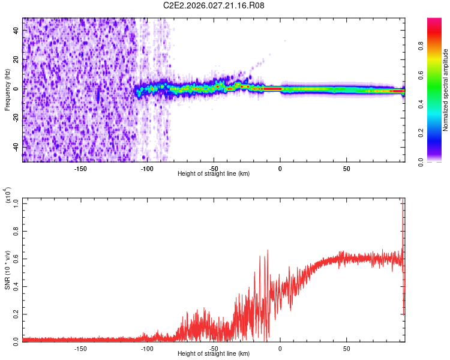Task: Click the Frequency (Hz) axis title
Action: point(7,89)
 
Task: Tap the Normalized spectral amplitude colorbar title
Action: point(446,90)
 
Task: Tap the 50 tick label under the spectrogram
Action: point(346,169)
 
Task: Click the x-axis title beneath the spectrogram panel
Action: point(214,174)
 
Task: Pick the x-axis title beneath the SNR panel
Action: point(214,353)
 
